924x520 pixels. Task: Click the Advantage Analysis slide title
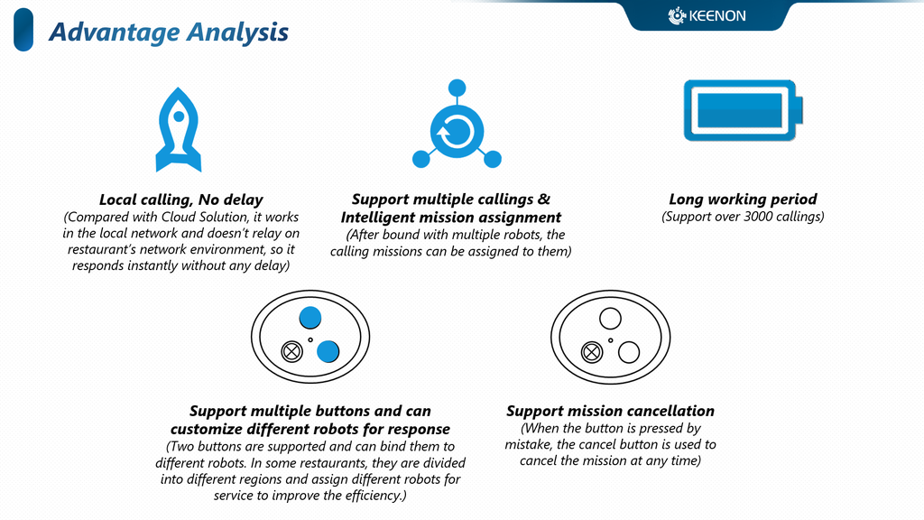(x=169, y=32)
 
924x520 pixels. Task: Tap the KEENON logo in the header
(x=707, y=16)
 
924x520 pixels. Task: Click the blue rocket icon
(x=179, y=130)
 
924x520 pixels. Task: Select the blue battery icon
(x=744, y=110)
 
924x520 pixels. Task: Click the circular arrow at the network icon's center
(x=457, y=131)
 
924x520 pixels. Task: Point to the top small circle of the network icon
(x=457, y=88)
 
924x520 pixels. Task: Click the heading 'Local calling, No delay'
(x=180, y=200)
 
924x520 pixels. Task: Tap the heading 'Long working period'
(x=743, y=200)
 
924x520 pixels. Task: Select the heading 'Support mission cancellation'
(x=610, y=411)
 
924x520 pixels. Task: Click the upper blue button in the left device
(x=310, y=318)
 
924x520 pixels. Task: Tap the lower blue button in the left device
(x=328, y=351)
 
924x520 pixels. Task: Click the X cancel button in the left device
(x=291, y=351)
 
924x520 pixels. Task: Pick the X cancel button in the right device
(x=592, y=353)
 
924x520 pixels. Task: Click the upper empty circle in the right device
(x=610, y=319)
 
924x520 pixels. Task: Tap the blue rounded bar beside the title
(x=23, y=30)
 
